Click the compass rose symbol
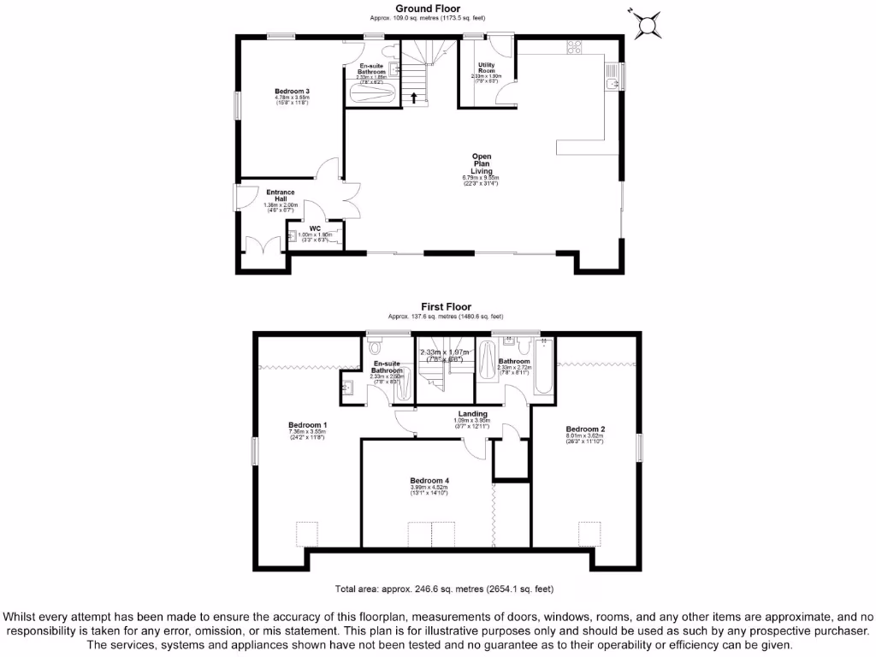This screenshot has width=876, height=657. (x=648, y=24)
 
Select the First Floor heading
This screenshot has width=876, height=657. (x=445, y=306)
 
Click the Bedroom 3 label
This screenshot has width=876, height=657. (x=292, y=92)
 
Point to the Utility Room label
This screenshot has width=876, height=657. (x=486, y=68)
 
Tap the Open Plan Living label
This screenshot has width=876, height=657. (x=482, y=163)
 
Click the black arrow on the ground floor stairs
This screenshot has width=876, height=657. (x=415, y=97)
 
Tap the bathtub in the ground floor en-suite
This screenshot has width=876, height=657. (x=372, y=92)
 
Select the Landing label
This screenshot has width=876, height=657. (x=472, y=414)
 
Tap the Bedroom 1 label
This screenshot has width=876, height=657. (x=307, y=425)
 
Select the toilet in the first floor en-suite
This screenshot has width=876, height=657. (x=374, y=347)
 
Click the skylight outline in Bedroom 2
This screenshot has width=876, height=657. (x=589, y=534)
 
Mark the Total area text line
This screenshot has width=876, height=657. (x=444, y=589)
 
